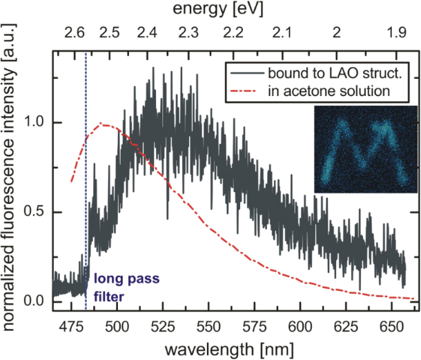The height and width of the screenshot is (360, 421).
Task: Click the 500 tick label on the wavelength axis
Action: (116, 325)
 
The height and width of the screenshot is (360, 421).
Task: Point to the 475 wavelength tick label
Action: (70, 325)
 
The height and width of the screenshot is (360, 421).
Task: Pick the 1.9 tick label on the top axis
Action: (396, 32)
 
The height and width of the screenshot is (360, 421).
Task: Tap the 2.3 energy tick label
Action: (188, 32)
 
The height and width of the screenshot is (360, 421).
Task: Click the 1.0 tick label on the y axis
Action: (35, 122)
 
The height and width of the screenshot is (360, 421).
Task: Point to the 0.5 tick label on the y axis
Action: (35, 212)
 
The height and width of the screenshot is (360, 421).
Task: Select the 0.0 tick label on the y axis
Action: (35, 302)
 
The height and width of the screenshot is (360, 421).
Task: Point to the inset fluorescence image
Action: (366, 149)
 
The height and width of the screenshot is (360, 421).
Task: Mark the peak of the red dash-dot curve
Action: (103, 124)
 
